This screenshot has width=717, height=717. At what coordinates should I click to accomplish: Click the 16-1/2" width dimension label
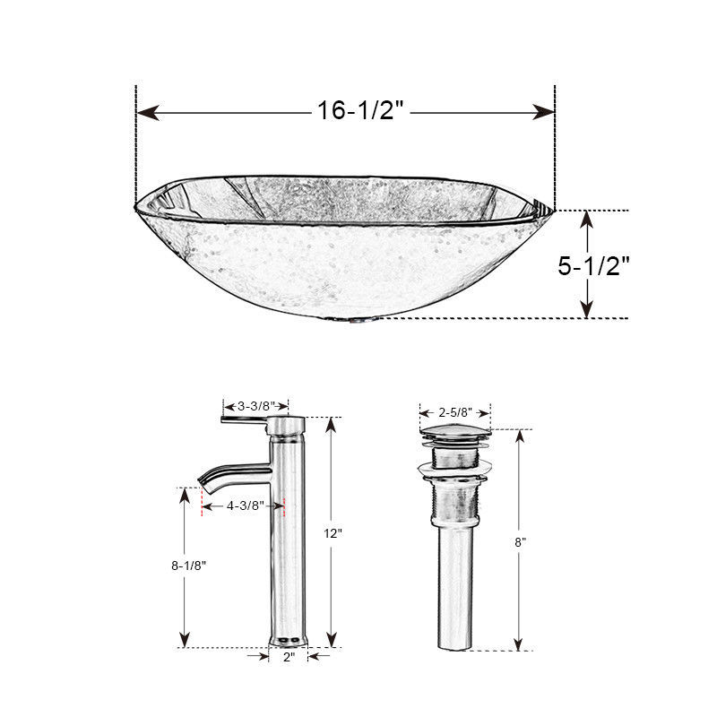point(361,110)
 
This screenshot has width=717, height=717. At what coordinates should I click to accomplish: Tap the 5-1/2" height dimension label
point(593,265)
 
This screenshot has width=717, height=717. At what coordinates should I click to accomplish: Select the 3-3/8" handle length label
point(256,406)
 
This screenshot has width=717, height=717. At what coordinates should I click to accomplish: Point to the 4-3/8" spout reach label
point(246,505)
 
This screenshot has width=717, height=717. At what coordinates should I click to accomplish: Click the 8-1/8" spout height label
point(189,566)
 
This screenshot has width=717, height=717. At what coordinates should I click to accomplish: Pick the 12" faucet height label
point(333,533)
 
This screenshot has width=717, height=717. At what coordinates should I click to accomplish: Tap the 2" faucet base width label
point(289,657)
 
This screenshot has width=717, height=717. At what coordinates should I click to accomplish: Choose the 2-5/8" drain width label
point(455,412)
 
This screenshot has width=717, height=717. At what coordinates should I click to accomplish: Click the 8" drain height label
point(521,542)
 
